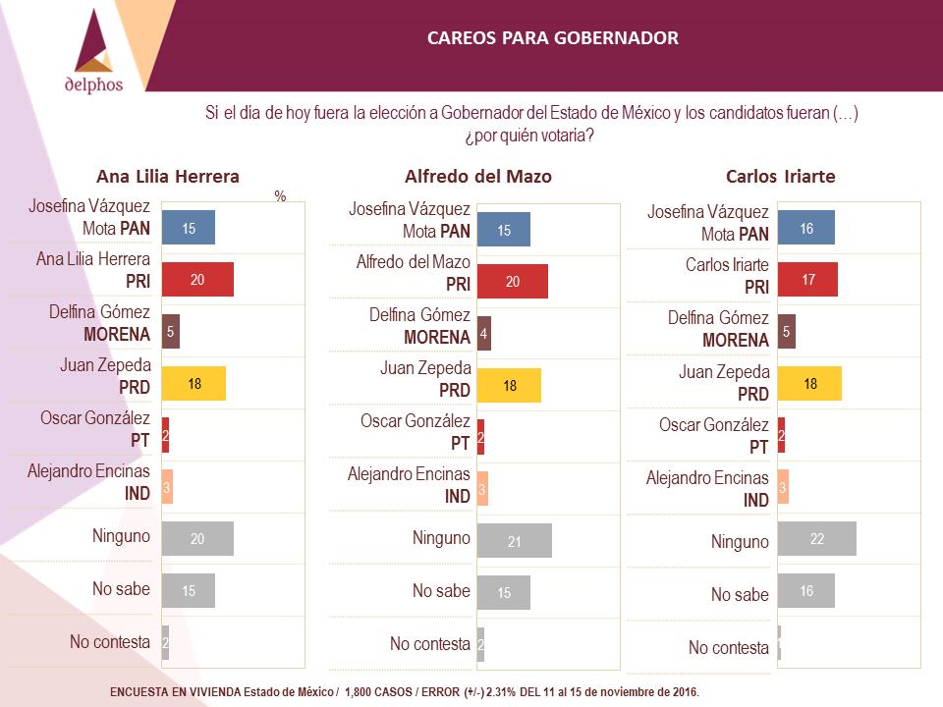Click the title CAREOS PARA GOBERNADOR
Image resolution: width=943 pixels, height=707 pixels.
[x=553, y=38]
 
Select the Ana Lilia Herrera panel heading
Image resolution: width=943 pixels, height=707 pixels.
[x=168, y=176]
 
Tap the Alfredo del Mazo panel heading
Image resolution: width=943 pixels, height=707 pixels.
[x=478, y=176]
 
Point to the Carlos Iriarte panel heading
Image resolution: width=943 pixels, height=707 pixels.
[x=781, y=176]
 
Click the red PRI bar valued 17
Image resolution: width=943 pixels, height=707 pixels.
[x=807, y=280]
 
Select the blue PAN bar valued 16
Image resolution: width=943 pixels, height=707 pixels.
[x=805, y=227]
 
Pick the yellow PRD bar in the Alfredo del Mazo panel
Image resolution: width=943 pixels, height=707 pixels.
[x=510, y=385]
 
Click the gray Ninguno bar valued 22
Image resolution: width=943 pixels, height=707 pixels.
[x=816, y=539]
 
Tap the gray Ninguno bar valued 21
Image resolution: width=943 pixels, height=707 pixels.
[x=514, y=540]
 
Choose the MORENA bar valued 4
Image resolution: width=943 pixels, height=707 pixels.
[x=484, y=333]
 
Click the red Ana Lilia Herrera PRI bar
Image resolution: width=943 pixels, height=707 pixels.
[x=197, y=279]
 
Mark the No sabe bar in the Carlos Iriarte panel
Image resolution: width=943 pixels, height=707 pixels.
[x=805, y=590]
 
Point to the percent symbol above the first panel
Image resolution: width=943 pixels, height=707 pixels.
[x=280, y=196]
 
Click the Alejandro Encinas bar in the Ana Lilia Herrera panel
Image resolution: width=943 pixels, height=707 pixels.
[x=167, y=486]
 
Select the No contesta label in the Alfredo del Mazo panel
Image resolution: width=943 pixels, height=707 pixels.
[x=430, y=644]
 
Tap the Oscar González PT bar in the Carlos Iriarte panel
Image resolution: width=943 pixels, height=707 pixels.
[x=781, y=435]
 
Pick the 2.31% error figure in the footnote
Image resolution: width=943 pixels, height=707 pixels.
[x=501, y=692]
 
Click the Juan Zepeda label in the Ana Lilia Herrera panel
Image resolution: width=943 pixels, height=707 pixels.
[x=106, y=365]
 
